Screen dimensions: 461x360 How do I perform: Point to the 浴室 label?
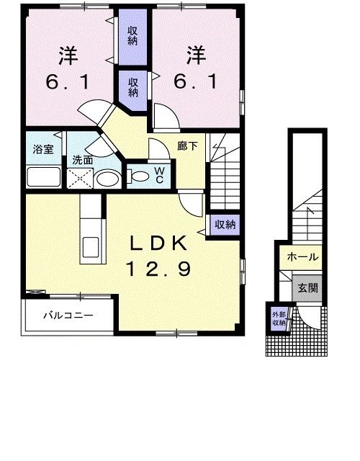click(x=42, y=149)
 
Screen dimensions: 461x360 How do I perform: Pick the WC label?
click(x=159, y=174)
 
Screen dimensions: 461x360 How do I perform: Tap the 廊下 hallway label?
click(x=188, y=145)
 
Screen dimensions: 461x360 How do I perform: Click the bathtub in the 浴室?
click(x=43, y=176)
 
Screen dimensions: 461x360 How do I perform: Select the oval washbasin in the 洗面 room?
click(x=108, y=178)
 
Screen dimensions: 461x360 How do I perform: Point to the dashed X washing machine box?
click(x=78, y=179)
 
